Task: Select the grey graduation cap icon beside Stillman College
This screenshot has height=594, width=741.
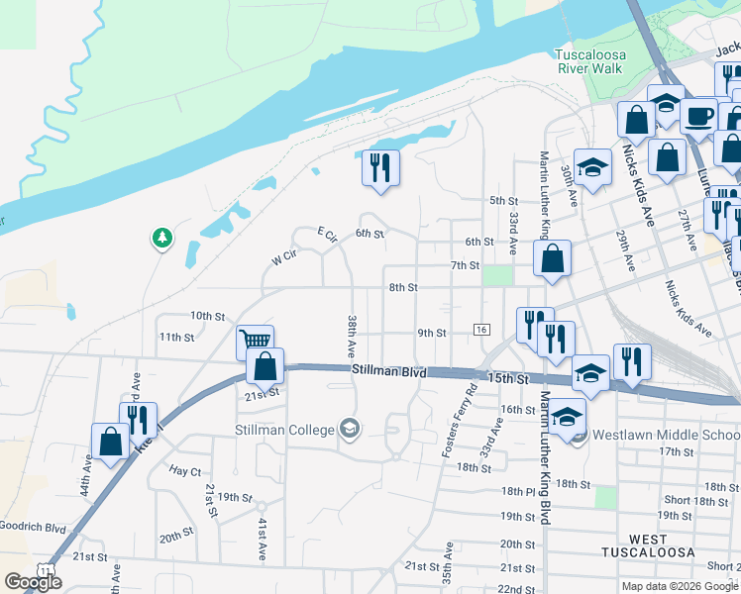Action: point(349,429)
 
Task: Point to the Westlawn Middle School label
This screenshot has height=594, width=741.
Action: point(665,435)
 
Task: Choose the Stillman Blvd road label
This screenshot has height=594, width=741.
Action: point(388,372)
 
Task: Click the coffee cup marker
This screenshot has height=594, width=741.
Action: point(698,115)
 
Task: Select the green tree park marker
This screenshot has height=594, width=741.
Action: point(161,239)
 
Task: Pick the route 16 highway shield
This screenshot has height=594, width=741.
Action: point(482,329)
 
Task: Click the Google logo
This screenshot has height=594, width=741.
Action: point(32,582)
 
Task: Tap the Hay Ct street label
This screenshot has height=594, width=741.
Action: point(185,470)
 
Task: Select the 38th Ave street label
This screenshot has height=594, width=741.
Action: point(351,337)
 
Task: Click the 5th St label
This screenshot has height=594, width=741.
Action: point(504,201)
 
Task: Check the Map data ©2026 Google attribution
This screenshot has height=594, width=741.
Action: point(679,586)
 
